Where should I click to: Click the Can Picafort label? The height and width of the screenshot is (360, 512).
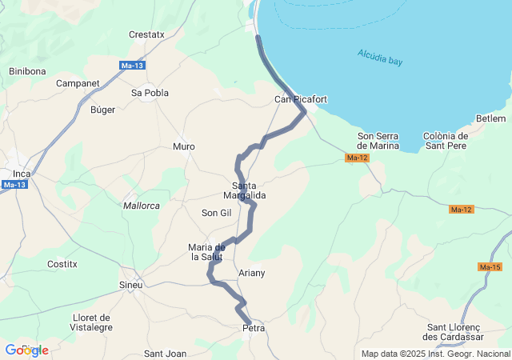coord(301,99)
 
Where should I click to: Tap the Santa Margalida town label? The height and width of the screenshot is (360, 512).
coord(244,190)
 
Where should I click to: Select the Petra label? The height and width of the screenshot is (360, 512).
coord(253,328)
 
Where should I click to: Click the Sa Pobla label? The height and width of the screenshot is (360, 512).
coord(150,93)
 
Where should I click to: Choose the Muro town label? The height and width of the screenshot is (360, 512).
coord(184,146)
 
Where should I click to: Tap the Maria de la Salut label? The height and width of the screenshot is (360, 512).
coord(206,251)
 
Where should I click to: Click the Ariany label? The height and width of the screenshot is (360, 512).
coord(251,273)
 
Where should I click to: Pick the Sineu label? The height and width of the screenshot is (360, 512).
coord(130,285)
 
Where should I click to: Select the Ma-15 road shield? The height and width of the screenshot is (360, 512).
coord(490,266)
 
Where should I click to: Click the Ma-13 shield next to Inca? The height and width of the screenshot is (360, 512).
coord(14,185)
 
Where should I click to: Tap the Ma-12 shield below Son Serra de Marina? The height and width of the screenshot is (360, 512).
coord(357,158)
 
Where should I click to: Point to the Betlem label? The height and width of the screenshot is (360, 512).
coord(490,118)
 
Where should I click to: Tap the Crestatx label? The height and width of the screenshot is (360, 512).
coord(146,34)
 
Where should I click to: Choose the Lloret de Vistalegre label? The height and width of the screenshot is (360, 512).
coord(92,322)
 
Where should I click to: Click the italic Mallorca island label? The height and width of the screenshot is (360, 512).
coord(142,206)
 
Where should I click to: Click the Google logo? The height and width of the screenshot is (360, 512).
coord(26,350)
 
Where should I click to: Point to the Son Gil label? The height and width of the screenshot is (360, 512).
coord(216,213)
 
